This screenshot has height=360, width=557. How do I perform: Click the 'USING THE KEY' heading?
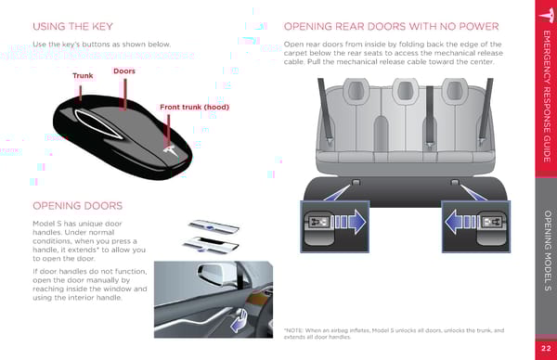click(x=72, y=27)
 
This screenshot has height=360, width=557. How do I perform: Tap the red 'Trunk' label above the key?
click(x=83, y=76)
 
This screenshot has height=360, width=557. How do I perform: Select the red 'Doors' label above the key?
click(x=124, y=71)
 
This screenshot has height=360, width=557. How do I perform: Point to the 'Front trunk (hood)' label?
click(x=194, y=107)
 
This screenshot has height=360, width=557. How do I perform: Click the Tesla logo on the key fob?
click(x=172, y=150)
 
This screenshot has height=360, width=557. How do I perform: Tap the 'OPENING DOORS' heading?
click(x=77, y=206)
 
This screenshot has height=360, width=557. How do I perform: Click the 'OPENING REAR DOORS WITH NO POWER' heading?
click(x=392, y=27)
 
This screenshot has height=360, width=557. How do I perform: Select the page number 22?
click(x=547, y=348)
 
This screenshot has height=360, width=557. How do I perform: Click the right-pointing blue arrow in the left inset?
click(x=350, y=223)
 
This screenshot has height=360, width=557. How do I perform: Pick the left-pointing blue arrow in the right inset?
click(x=460, y=223)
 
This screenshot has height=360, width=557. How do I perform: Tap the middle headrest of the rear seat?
click(x=405, y=90)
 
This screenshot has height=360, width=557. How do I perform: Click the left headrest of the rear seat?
click(x=356, y=90)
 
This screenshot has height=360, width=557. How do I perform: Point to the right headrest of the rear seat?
click(x=454, y=90)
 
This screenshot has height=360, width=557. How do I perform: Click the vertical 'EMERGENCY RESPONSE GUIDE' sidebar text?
click(x=547, y=96)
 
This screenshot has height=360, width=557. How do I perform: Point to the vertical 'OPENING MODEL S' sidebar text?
click(x=547, y=251)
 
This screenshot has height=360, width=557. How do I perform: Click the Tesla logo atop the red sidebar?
click(x=547, y=14)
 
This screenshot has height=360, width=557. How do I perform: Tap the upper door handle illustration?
click(x=214, y=226)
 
